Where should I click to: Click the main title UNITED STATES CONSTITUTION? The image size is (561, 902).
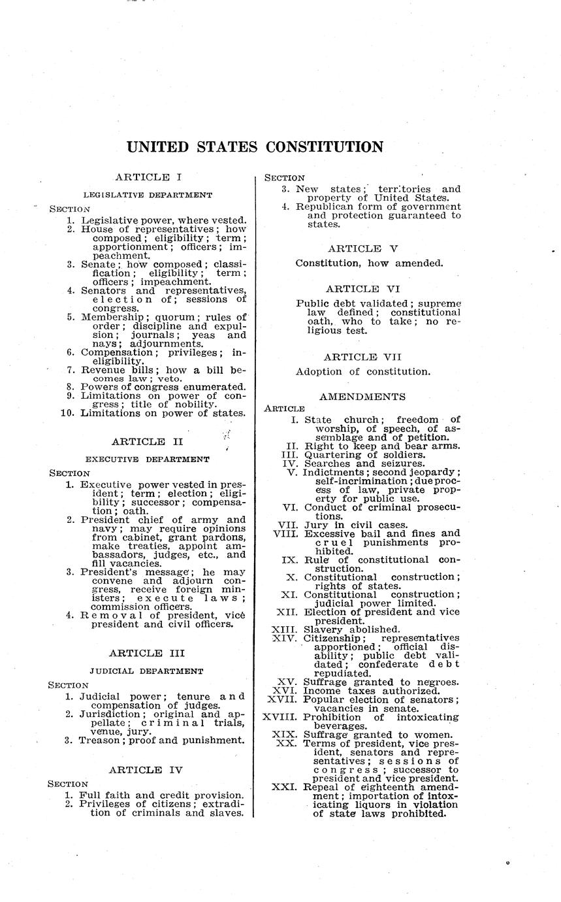tap(255, 147)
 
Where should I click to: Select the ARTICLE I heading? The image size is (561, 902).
tap(148, 176)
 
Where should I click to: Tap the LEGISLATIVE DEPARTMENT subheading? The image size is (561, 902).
tap(148, 195)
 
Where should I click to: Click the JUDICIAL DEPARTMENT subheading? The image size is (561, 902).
tap(147, 671)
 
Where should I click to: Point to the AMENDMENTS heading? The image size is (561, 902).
tap(362, 397)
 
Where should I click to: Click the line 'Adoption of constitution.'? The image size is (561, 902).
tap(363, 372)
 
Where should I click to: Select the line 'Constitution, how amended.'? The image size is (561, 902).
tap(370, 263)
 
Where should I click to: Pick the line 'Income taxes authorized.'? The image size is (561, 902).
tap(372, 691)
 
